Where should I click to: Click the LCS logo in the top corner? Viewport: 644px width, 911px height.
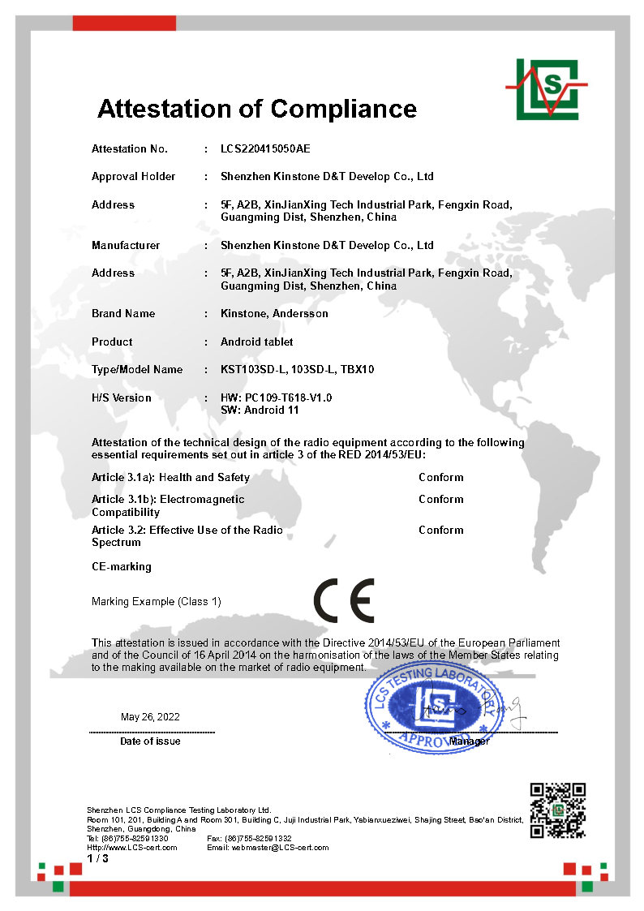[546, 88]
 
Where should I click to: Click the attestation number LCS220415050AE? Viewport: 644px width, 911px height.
[265, 149]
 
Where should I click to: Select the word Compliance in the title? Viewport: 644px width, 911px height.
[344, 109]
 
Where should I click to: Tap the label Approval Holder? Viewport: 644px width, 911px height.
[133, 177]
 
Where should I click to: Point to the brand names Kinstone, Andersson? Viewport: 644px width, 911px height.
[274, 314]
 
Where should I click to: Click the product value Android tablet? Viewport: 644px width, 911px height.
[257, 342]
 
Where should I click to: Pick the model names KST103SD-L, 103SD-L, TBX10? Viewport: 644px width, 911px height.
[298, 370]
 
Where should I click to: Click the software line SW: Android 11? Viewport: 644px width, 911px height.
[260, 410]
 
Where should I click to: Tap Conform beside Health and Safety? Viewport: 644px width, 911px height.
[441, 478]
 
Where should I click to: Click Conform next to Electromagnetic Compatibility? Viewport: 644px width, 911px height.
[441, 500]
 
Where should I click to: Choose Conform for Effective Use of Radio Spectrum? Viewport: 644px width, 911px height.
[441, 531]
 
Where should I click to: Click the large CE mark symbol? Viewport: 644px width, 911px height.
[343, 601]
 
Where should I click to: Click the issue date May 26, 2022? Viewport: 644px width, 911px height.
[150, 717]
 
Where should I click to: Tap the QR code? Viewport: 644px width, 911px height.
[557, 810]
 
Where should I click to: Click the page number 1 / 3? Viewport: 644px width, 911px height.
[97, 858]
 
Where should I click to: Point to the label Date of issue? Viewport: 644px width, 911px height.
[150, 741]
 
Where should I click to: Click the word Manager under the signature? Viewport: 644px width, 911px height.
[469, 741]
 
